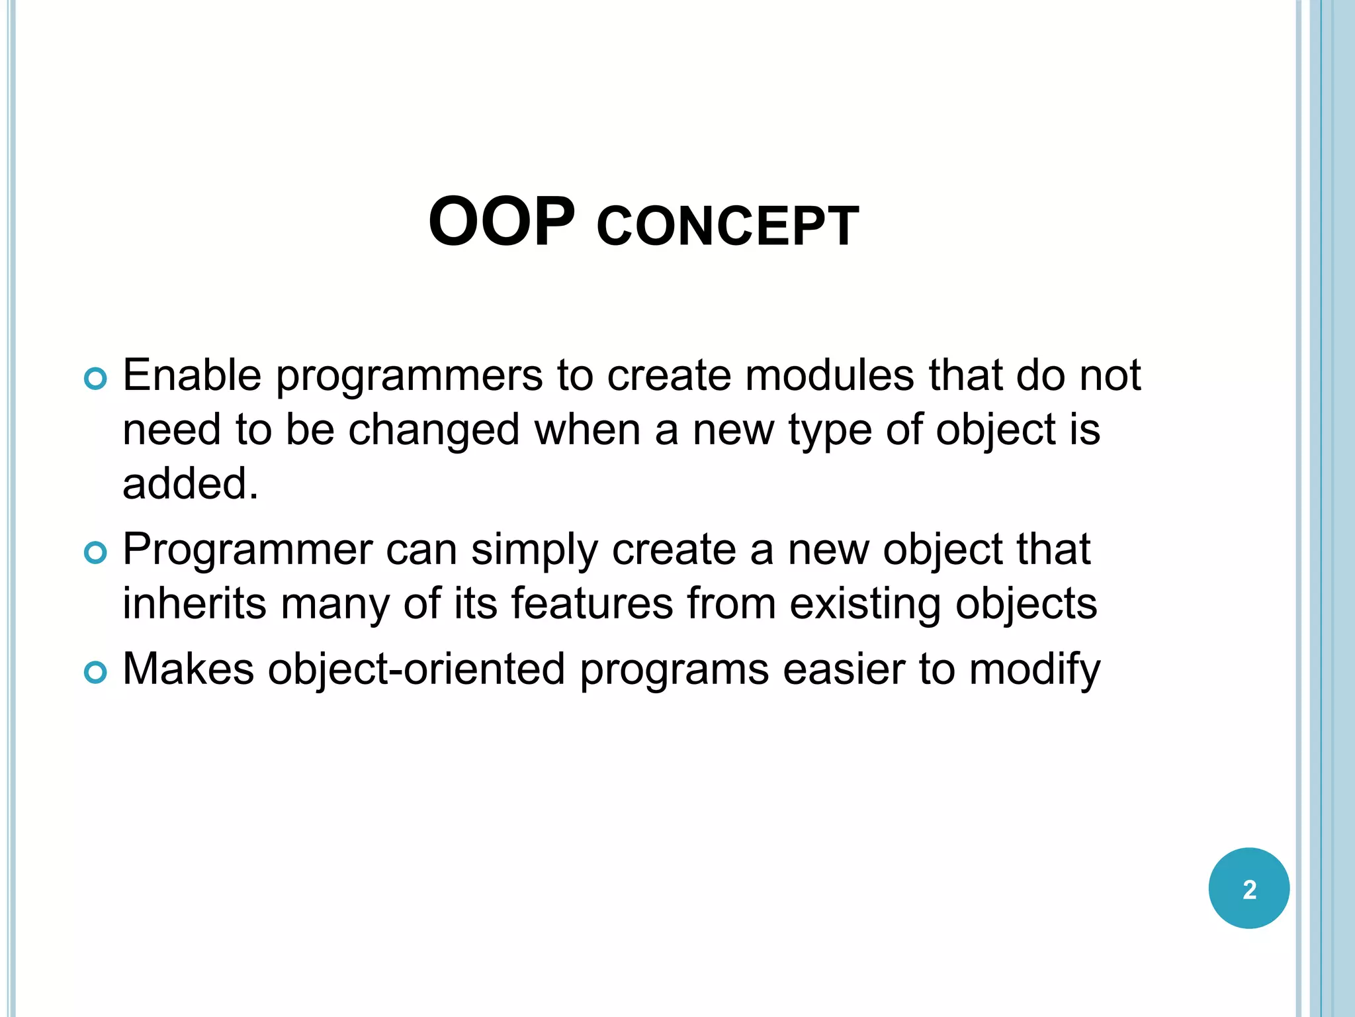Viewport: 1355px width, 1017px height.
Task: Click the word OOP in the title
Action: click(x=502, y=222)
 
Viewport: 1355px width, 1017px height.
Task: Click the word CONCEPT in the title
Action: click(x=727, y=227)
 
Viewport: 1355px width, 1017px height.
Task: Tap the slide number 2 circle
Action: click(x=1248, y=888)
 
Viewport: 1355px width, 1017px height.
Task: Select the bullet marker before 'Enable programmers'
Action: click(x=95, y=379)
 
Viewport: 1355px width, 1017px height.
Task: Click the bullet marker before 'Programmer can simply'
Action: click(x=95, y=553)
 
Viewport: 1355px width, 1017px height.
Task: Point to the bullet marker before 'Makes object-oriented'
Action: click(x=95, y=673)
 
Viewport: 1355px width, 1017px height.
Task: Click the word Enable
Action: click(x=192, y=375)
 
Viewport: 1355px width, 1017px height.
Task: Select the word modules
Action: click(x=830, y=375)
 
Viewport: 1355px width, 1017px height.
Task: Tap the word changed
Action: click(x=434, y=430)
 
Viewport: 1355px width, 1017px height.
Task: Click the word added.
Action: click(x=190, y=483)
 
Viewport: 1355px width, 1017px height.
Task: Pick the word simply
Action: click(x=534, y=551)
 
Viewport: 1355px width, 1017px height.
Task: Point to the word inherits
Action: click(x=194, y=604)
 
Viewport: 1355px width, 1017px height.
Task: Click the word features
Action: click(x=591, y=604)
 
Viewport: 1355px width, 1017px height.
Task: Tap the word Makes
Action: click(x=188, y=669)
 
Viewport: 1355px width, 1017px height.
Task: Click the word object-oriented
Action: click(x=416, y=670)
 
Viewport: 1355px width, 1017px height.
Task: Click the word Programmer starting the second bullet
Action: click(x=247, y=551)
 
